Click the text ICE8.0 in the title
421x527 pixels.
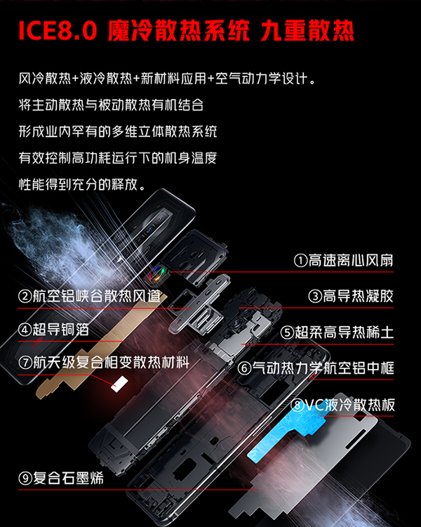pyautogui.click(x=58, y=31)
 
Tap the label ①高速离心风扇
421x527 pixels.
pyautogui.click(x=343, y=261)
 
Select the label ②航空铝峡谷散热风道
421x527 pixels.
pyautogui.click(x=90, y=296)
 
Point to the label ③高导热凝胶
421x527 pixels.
pyautogui.click(x=351, y=296)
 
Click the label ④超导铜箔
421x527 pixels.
pyautogui.click(x=54, y=330)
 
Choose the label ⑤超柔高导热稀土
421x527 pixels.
pyautogui.click(x=337, y=332)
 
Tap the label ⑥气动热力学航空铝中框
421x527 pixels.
pyautogui.click(x=315, y=368)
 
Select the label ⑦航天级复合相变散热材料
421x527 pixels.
pyautogui.click(x=104, y=363)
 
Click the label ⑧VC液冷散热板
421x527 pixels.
pyautogui.click(x=342, y=405)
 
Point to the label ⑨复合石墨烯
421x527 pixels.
pyautogui.click(x=61, y=478)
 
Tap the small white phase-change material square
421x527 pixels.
pyautogui.click(x=119, y=384)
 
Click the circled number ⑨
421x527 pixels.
pyautogui.click(x=25, y=479)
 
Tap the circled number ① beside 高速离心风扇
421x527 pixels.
pyautogui.click(x=300, y=261)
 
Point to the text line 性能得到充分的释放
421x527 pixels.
pyautogui.click(x=82, y=184)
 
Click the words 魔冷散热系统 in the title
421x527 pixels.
pyautogui.click(x=179, y=31)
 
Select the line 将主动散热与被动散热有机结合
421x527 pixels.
pyautogui.click(x=111, y=105)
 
